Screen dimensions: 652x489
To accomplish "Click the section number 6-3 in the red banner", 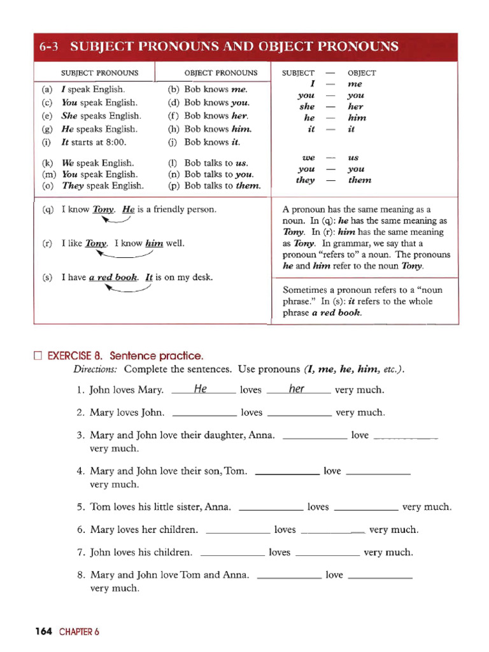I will coord(50,47).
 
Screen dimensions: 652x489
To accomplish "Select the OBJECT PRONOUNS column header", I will coord(221,73).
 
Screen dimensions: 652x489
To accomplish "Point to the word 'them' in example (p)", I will coord(248,186).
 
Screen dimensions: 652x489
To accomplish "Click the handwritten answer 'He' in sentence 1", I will coord(200,389).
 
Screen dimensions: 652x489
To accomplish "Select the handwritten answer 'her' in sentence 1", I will coord(297,389).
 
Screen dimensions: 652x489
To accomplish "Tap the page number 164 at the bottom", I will coord(43,632).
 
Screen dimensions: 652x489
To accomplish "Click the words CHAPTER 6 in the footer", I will coord(80,632).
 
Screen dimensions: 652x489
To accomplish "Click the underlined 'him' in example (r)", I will coord(154,243).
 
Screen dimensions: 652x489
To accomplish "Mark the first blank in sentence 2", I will coord(204,414).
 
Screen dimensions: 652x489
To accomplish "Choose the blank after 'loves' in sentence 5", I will coord(366,509).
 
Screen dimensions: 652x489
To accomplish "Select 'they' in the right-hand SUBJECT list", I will coord(306,180).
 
